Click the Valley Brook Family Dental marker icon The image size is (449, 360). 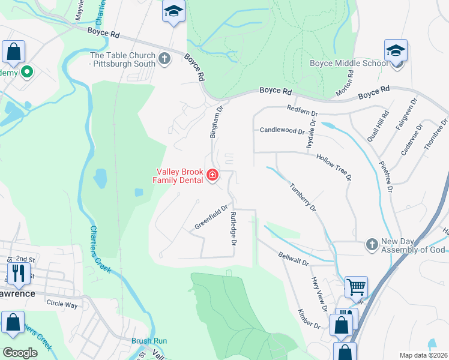coord(212,175)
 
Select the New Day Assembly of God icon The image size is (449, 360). coord(372,245)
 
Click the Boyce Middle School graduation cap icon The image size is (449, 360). coord(396,52)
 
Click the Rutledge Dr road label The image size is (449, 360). coord(234,229)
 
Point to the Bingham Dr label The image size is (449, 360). coord(215,122)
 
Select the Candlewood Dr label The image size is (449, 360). coord(283,130)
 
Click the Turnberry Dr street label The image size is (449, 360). coord(303,197)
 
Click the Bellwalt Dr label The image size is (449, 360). coord(294,259)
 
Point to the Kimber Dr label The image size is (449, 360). coord(310,319)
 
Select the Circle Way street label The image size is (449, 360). coord(62,304)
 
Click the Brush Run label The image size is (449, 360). coord(149,340)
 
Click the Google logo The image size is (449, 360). coord(20,353)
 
